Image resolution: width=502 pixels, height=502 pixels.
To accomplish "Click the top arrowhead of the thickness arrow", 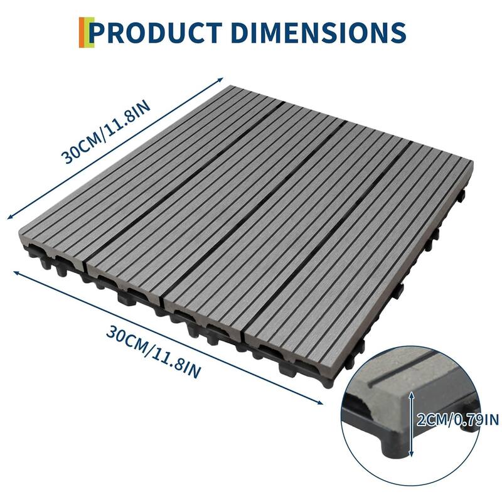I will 411,390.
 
